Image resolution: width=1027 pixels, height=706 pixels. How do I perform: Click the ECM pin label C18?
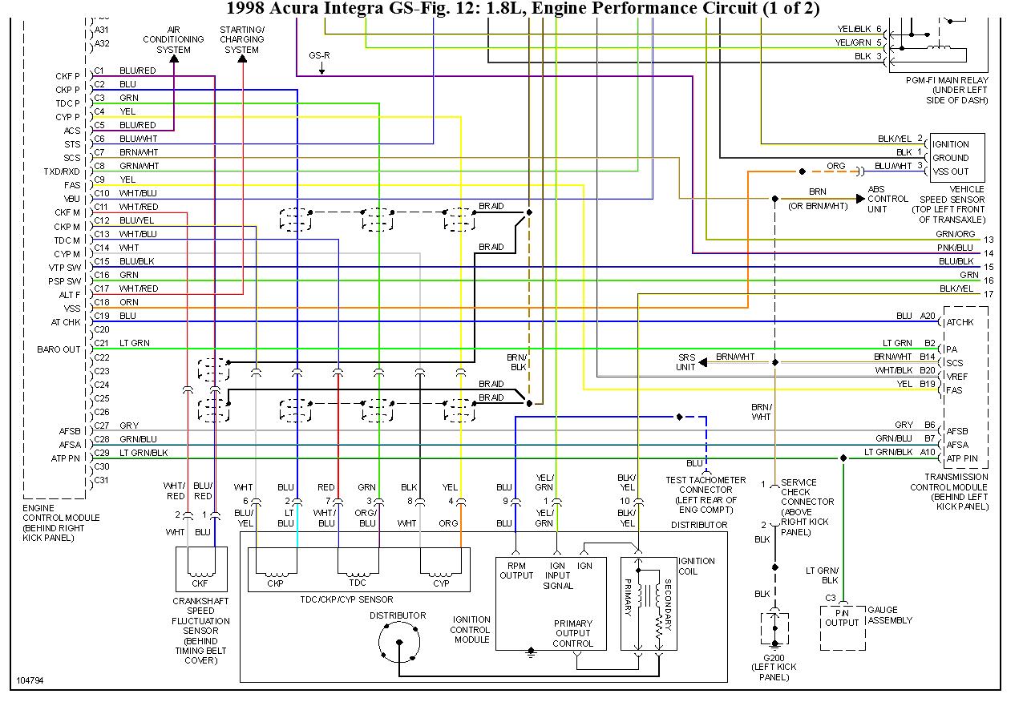pos(100,302)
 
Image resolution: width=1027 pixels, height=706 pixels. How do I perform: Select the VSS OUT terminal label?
pos(950,171)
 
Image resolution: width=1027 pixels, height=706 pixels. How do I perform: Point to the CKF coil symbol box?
pos(200,570)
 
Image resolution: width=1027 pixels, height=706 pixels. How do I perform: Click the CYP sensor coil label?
pos(441,583)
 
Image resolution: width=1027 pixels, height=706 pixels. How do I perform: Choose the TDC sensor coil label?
pos(358,583)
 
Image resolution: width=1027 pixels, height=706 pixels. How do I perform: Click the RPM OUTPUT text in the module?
pos(516,570)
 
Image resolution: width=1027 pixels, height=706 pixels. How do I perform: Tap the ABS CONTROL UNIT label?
pos(888,199)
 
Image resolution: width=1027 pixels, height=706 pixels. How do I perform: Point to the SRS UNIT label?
pos(685,362)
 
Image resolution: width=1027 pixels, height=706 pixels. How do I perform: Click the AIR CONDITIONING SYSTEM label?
pos(174,39)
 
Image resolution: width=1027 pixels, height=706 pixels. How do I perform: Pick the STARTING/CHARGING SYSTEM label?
pos(241,39)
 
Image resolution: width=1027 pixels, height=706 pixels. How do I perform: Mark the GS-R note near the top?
pos(319,56)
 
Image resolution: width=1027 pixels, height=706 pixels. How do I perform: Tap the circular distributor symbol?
pos(398,640)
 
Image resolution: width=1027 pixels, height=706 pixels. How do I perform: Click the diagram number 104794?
pos(30,682)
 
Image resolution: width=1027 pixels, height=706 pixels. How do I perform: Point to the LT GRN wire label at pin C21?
pos(135,343)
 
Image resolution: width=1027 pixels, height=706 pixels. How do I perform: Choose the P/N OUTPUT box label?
pos(843,617)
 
